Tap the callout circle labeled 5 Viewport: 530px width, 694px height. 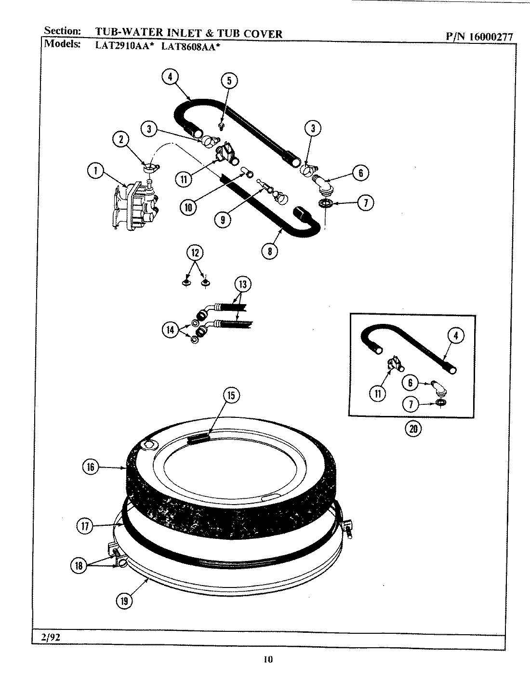[x=229, y=80]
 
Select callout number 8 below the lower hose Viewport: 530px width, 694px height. [x=269, y=251]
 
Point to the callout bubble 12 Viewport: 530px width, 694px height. [x=195, y=253]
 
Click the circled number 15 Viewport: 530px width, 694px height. [x=230, y=395]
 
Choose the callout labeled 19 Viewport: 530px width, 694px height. [x=124, y=600]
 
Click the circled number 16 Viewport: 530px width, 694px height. [x=90, y=467]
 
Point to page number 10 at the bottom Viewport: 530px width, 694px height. [x=268, y=659]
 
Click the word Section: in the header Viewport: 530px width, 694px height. [x=63, y=31]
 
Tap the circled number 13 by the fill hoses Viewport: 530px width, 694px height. [x=242, y=284]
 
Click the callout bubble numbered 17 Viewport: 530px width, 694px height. [x=85, y=526]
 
